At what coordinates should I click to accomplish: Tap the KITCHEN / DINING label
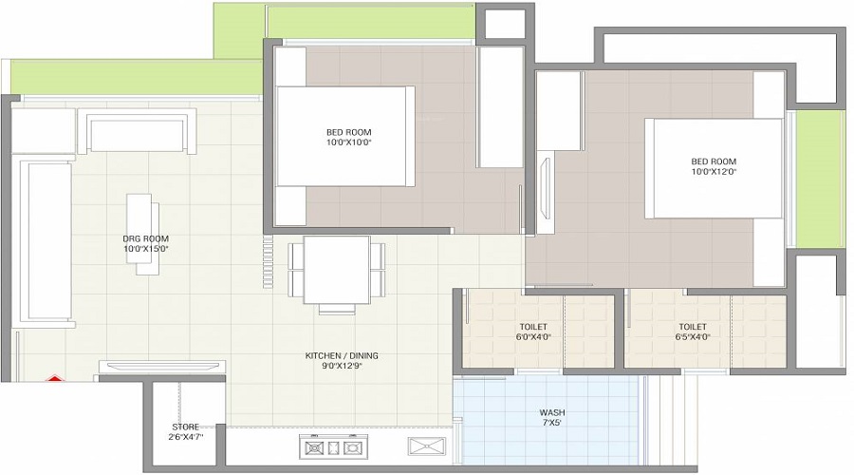[x=342, y=361]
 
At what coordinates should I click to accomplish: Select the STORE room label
[x=185, y=431]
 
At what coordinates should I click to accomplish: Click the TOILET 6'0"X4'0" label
[x=534, y=330]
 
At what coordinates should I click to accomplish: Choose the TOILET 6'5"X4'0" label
[x=694, y=330]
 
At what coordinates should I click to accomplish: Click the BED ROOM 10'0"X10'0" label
[x=348, y=137]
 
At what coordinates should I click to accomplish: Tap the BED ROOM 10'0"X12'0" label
[x=713, y=166]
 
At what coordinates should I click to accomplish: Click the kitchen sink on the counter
[x=423, y=446]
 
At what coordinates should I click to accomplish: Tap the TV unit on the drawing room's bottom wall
[x=161, y=367]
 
